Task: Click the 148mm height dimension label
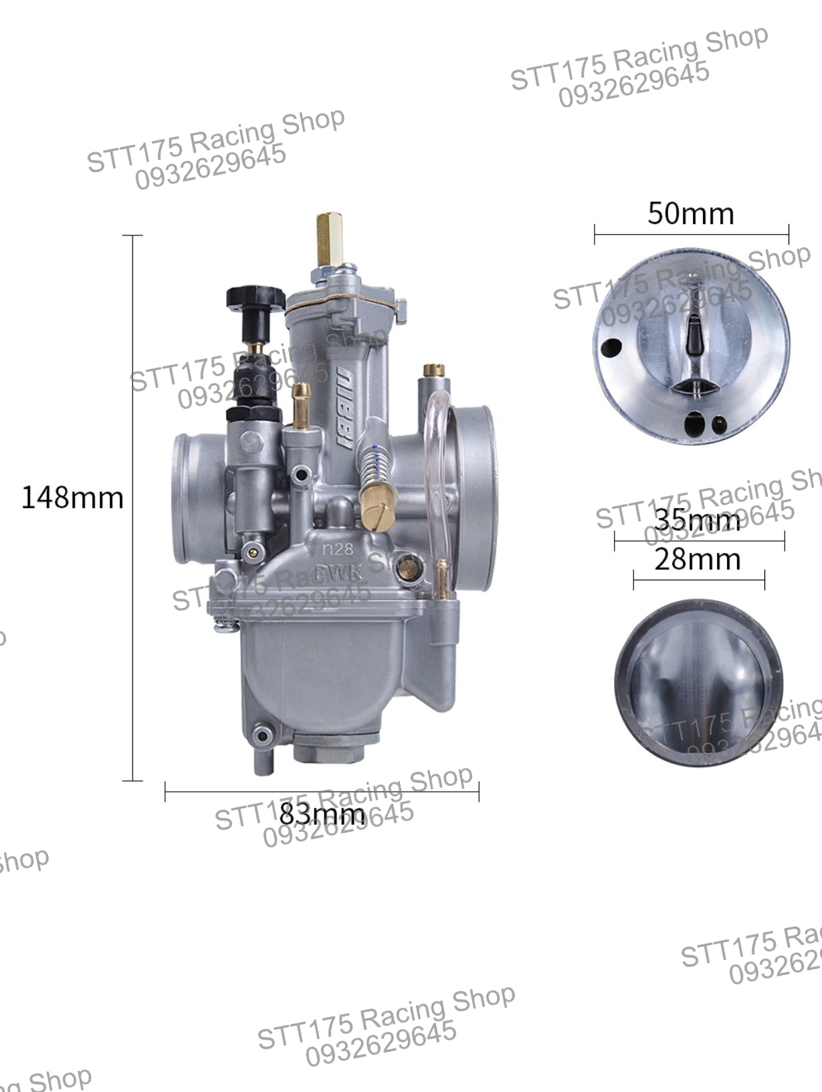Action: tap(72, 498)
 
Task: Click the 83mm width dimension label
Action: tap(322, 814)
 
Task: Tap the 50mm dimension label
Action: tap(691, 214)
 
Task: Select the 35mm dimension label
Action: tap(698, 520)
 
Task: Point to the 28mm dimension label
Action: tap(698, 559)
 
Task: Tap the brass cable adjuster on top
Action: tap(327, 239)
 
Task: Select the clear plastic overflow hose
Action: tap(435, 468)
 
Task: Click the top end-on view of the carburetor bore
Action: tap(691, 346)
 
